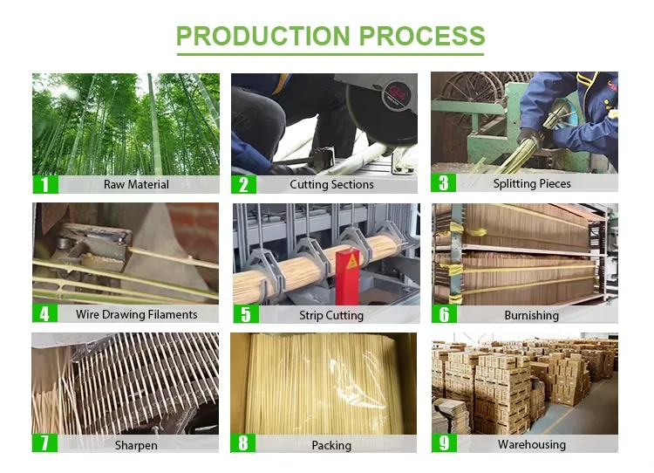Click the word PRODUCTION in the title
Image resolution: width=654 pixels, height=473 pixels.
(x=263, y=36)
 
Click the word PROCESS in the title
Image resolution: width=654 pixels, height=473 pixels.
(x=422, y=36)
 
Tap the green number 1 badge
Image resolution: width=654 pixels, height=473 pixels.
(x=45, y=184)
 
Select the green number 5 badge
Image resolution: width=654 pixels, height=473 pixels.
(x=246, y=314)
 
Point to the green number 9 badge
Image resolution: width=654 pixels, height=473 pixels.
(x=444, y=443)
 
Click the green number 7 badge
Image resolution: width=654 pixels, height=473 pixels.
(x=44, y=443)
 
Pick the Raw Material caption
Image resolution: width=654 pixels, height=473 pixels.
(x=136, y=184)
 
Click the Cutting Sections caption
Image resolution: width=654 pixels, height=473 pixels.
(x=331, y=184)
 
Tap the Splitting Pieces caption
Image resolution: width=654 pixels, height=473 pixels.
(x=532, y=183)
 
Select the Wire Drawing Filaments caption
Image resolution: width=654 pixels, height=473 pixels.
(x=136, y=314)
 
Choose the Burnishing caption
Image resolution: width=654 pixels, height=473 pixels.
(x=531, y=315)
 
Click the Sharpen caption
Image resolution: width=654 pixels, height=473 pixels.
(x=136, y=445)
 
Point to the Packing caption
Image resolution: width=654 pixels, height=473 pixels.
(x=331, y=445)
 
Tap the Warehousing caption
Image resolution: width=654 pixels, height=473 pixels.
(x=532, y=444)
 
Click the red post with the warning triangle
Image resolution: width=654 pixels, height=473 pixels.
(x=347, y=277)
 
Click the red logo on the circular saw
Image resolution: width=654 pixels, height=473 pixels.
(x=395, y=93)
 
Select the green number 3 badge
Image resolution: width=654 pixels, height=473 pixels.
(x=444, y=183)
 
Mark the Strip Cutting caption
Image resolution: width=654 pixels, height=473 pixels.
(x=331, y=315)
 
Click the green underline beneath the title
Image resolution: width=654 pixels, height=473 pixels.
(x=330, y=54)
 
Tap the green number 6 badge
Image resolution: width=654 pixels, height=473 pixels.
(x=444, y=314)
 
